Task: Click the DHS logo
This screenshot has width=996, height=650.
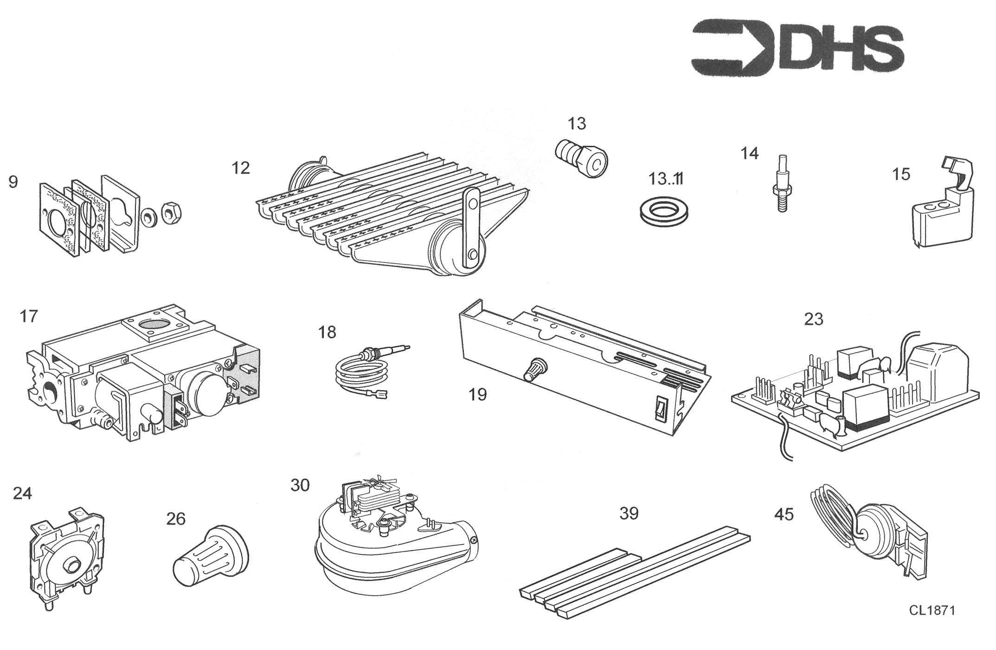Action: (797, 48)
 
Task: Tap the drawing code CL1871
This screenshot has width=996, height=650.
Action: (932, 610)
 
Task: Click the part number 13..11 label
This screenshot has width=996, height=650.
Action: (666, 178)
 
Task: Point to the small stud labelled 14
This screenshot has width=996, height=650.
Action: (782, 183)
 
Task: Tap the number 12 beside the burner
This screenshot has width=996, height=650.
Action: (241, 168)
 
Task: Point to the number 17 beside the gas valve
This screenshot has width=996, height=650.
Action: (28, 316)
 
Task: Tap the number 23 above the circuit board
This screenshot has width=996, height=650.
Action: (814, 319)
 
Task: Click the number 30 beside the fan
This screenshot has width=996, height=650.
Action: (300, 485)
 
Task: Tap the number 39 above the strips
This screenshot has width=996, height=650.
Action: (629, 513)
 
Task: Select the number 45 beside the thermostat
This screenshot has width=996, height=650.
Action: (784, 514)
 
